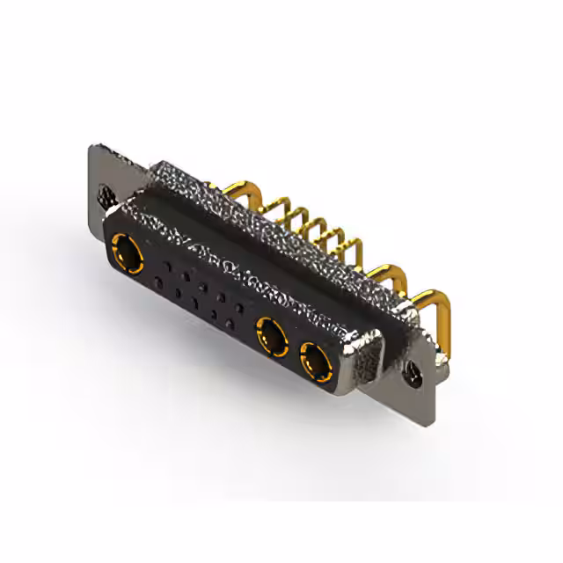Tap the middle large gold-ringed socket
[272, 336]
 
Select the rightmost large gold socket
[314, 359]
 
